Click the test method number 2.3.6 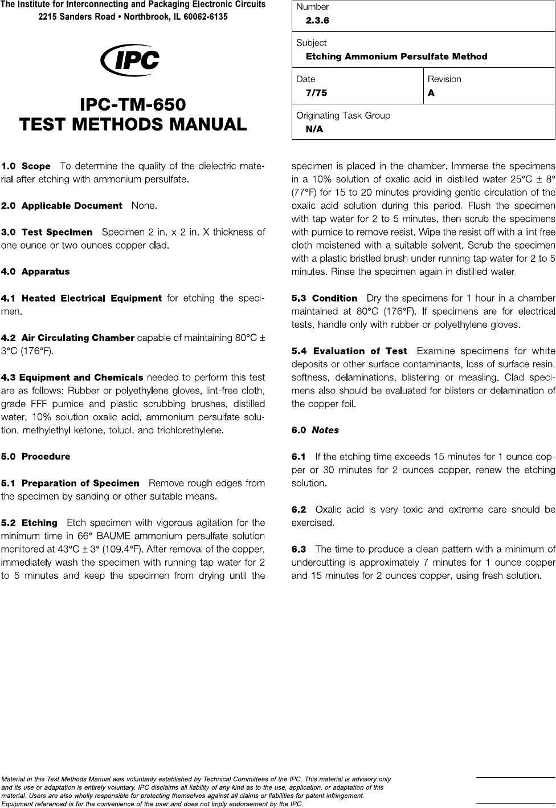317,21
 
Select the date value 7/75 316,93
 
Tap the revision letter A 431,93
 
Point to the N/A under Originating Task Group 314,129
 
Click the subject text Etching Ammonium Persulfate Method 396,56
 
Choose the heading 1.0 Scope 26,167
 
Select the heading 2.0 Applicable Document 62,205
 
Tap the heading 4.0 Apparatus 35,271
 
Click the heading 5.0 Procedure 36,456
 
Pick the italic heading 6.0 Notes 315,430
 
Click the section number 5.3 299,298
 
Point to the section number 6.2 299,509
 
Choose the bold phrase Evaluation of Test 360,351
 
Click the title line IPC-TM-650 133,105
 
